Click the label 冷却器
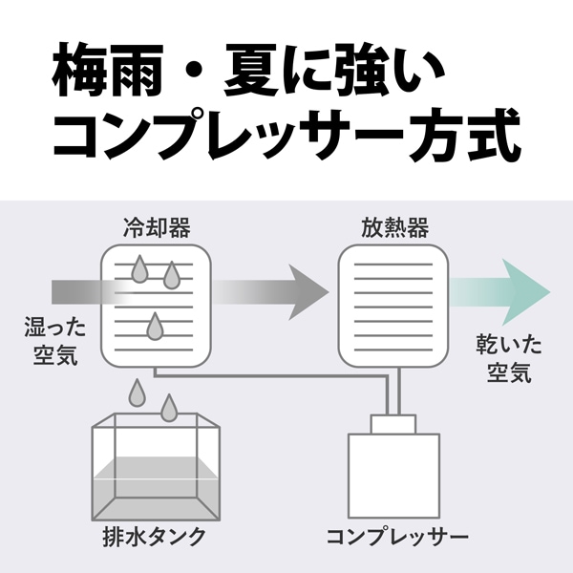click(x=157, y=227)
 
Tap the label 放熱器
click(x=393, y=227)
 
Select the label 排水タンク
click(x=155, y=536)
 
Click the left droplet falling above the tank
click(x=138, y=393)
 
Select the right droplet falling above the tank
click(x=170, y=408)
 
